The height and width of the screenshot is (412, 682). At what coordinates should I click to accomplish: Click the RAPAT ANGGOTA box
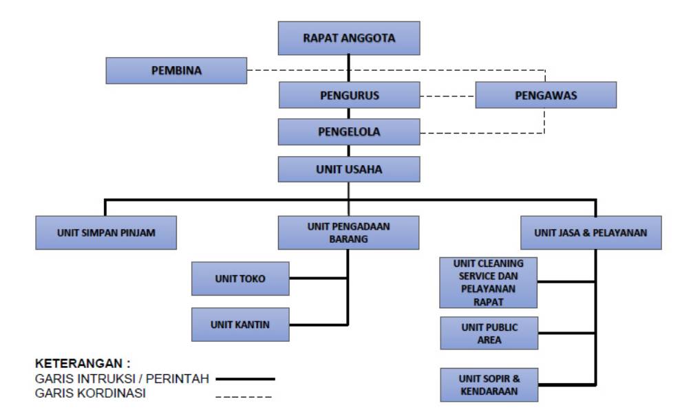(x=349, y=39)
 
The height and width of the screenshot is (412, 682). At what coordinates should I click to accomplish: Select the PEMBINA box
(x=176, y=70)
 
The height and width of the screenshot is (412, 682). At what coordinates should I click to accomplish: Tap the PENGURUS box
(x=349, y=96)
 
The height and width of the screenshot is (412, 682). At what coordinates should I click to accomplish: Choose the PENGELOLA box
(x=349, y=131)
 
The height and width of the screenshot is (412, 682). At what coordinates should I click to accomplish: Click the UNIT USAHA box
(x=349, y=169)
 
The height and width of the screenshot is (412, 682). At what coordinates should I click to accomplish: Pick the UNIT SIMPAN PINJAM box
(x=105, y=232)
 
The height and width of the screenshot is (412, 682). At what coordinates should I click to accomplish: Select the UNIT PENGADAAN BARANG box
(x=349, y=232)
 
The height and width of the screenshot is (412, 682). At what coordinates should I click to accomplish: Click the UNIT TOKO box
(x=241, y=279)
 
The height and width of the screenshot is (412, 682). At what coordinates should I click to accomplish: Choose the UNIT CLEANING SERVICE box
(x=489, y=282)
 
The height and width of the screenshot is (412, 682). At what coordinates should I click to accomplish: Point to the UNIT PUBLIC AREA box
(x=489, y=334)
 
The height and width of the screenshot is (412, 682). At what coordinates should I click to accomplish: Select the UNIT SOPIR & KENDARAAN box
(x=489, y=384)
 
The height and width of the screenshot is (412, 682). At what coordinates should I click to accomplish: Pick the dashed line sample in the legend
(x=244, y=395)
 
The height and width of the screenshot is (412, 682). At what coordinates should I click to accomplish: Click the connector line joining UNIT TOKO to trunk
(x=319, y=279)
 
